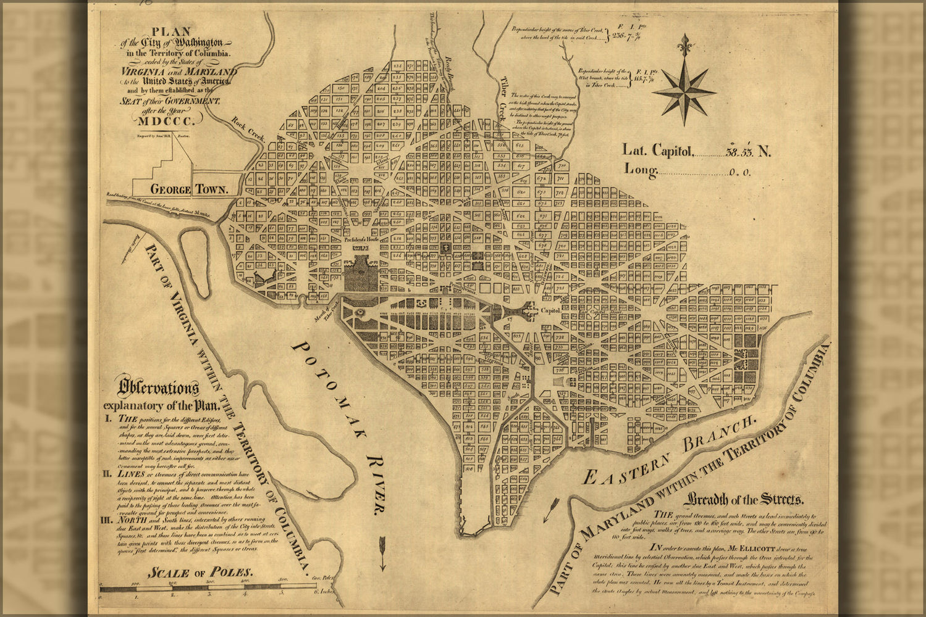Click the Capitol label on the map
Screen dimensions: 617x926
pyautogui.click(x=551, y=310)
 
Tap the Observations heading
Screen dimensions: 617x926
pyautogui.click(x=159, y=388)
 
